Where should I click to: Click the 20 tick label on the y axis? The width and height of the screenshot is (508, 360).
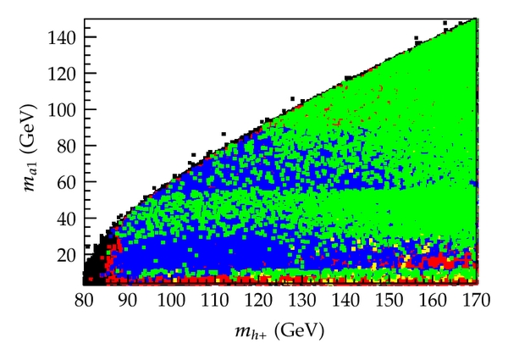67,254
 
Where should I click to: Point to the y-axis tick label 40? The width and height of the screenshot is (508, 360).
67,218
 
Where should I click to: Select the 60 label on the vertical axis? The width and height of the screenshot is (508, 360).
67,181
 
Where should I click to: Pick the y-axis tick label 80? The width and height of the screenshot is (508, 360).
67,145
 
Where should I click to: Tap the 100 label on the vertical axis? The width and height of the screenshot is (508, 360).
63,108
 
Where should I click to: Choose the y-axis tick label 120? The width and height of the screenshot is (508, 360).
63,73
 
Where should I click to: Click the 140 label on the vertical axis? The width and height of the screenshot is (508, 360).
63,36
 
